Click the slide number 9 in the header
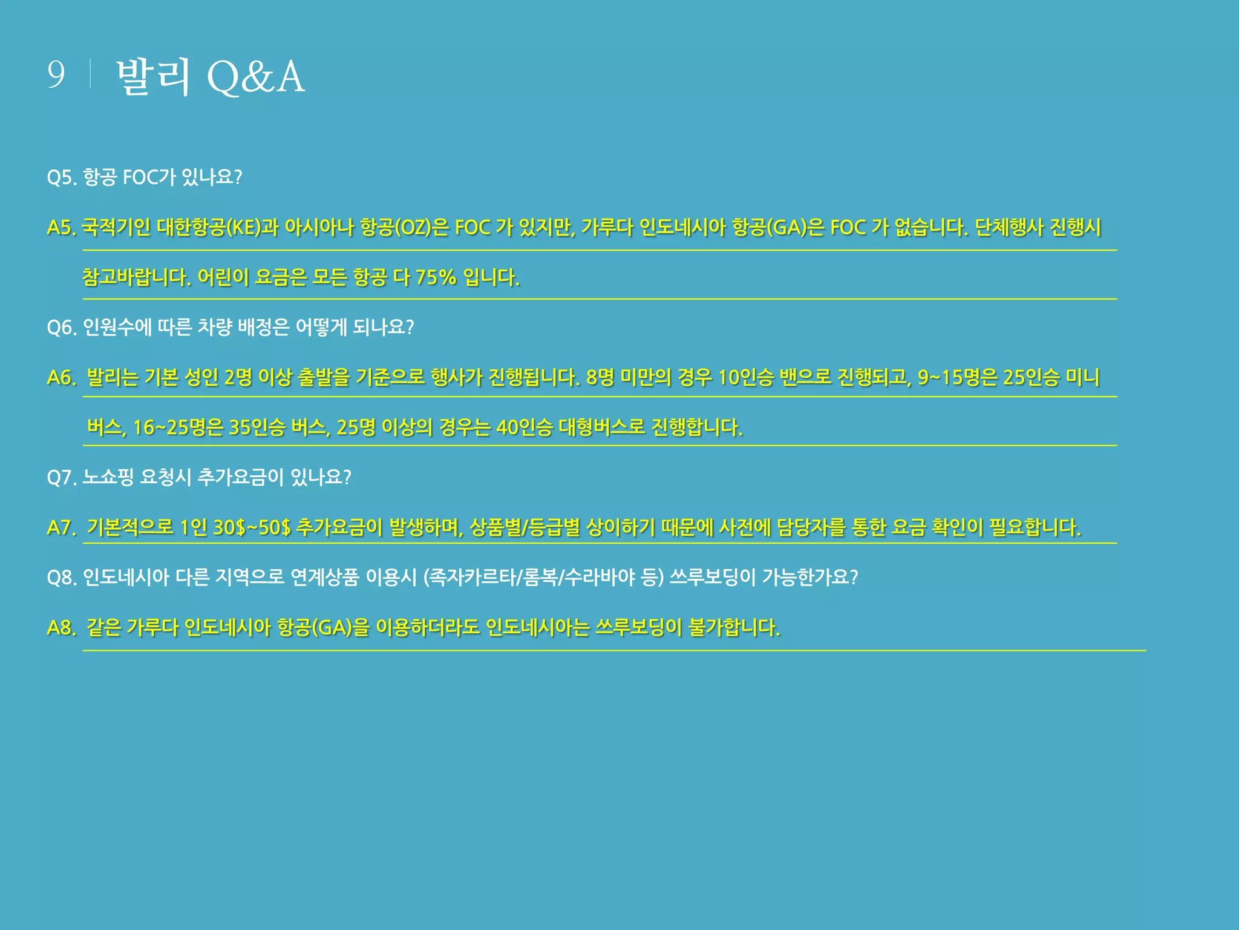point(56,75)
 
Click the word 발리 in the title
point(153,77)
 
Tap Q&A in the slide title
point(255,77)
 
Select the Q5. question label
point(61,177)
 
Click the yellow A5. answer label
point(61,228)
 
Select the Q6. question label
point(61,328)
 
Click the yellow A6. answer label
point(61,378)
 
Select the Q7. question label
point(61,478)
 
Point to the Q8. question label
point(61,578)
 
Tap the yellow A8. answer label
point(61,627)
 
